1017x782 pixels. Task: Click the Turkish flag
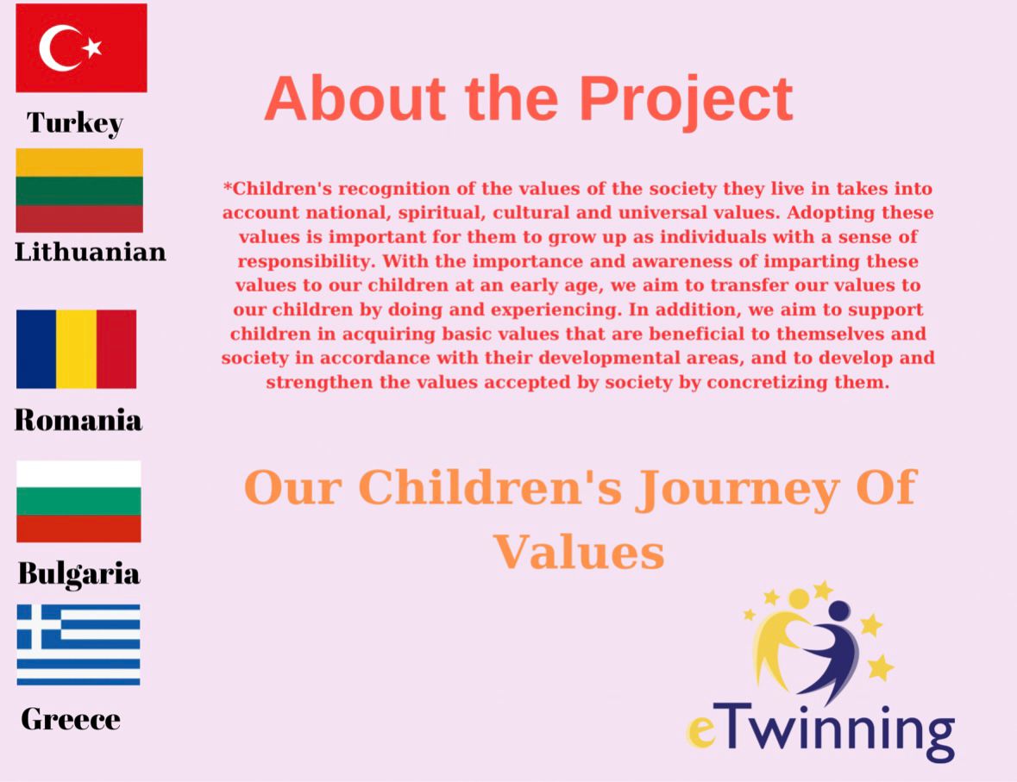pos(81,48)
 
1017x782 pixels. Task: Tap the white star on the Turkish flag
pos(92,47)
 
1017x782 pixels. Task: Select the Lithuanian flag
pos(79,191)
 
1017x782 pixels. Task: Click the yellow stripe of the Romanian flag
pos(77,349)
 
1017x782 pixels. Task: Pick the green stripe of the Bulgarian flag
pos(78,501)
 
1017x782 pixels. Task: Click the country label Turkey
pos(74,122)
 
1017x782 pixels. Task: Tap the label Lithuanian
pos(91,252)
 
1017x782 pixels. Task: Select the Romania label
pos(78,420)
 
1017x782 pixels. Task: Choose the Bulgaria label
pos(78,574)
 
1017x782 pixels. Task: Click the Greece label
pos(71,719)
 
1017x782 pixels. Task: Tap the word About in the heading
pos(355,98)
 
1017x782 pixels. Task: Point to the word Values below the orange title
pos(579,553)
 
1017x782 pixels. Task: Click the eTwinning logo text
pos(820,730)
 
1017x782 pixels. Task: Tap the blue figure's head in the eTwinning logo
pos(839,610)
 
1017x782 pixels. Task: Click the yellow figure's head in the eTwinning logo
pos(799,598)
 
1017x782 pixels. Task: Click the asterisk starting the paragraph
pos(228,187)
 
